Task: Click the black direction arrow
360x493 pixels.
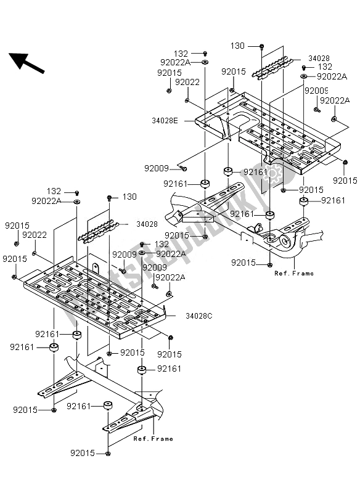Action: click(x=27, y=63)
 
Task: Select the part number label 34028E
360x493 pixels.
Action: click(x=165, y=121)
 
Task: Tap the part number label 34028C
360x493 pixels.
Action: click(x=199, y=316)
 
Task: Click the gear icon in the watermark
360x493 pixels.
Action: click(x=272, y=173)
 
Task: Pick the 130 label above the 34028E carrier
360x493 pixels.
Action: click(x=237, y=46)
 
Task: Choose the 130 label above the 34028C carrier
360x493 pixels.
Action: click(x=129, y=197)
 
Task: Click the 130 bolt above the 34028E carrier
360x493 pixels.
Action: click(x=261, y=47)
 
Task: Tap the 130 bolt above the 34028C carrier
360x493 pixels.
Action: click(x=109, y=198)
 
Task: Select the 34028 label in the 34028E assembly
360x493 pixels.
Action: click(x=319, y=58)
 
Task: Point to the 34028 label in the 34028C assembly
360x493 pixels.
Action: click(x=147, y=224)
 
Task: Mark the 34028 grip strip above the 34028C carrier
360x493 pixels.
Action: click(x=99, y=232)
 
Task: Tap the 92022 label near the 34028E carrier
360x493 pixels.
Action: click(x=187, y=82)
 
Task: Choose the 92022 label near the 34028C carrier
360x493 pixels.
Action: click(x=35, y=235)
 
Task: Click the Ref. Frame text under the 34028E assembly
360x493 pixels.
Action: click(x=294, y=273)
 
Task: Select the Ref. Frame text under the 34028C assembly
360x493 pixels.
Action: click(x=153, y=439)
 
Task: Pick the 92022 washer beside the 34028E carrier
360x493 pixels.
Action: click(x=187, y=100)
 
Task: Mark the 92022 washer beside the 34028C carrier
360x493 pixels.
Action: click(x=34, y=253)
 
